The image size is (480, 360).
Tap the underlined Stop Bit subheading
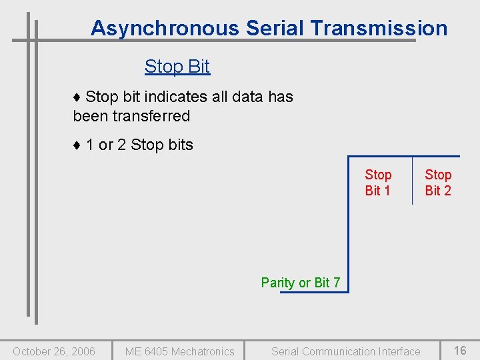click(x=177, y=67)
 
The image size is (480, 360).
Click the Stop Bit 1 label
click(x=378, y=183)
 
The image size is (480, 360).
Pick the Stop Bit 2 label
click(x=438, y=183)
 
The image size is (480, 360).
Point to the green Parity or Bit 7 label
click(x=300, y=283)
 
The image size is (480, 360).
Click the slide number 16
click(x=460, y=351)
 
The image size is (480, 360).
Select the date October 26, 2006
click(x=54, y=351)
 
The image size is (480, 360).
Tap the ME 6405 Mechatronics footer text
click(x=179, y=351)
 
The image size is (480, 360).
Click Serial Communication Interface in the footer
click(x=345, y=351)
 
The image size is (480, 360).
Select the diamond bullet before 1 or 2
click(x=77, y=145)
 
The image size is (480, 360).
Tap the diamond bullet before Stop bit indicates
click(x=77, y=97)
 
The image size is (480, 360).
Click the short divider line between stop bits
click(x=412, y=180)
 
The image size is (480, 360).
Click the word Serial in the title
click(x=275, y=29)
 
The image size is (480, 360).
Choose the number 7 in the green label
click(x=337, y=283)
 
